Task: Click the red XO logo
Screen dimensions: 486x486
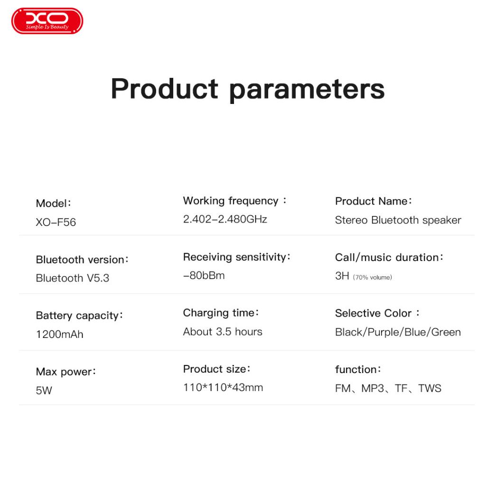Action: point(47,21)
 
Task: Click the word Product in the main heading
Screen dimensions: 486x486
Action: point(165,89)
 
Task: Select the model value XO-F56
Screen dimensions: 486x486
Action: point(56,222)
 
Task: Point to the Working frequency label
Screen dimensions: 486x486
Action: point(234,201)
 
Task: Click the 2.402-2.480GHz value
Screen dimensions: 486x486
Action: point(225,219)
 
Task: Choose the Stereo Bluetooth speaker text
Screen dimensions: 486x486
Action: point(398,220)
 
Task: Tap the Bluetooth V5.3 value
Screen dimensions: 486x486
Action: point(73,278)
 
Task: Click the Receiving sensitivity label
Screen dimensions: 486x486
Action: point(236,257)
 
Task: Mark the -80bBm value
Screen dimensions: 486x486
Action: point(204,275)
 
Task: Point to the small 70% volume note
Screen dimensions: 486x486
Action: point(372,277)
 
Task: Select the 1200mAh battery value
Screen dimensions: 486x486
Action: point(59,335)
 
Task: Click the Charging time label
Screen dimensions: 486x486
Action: point(221,313)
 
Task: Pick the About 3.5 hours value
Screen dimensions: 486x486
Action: point(223,332)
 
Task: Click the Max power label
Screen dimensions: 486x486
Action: point(65,372)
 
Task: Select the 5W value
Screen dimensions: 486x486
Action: point(44,390)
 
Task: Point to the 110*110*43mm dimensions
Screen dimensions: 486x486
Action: point(223,387)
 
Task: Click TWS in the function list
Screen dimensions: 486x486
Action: point(430,388)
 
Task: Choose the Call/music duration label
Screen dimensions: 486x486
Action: point(389,257)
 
